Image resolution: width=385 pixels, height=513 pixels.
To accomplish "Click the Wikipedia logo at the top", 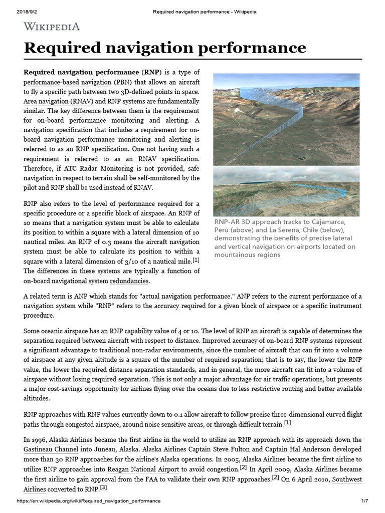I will point(52,27).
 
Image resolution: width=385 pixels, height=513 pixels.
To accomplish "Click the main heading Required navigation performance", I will point(165,48).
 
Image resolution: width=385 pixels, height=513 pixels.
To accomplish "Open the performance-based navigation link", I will point(67,82).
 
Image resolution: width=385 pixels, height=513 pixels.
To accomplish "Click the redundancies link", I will point(130,281).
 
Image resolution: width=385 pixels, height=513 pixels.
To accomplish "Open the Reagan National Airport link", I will point(143,469).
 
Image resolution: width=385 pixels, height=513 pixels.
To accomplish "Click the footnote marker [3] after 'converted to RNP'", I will point(103,487).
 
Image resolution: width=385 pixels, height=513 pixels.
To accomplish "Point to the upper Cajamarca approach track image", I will point(286,119).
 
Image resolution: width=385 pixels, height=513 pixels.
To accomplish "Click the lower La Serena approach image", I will point(286,191).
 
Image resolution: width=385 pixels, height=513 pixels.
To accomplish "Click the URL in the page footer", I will point(89,501).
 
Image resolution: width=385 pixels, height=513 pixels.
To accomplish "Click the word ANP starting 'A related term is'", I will point(79,297).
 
